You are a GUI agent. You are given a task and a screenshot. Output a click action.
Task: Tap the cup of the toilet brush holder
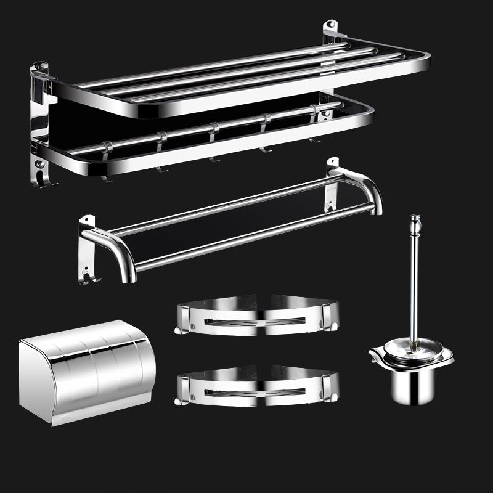[412, 382]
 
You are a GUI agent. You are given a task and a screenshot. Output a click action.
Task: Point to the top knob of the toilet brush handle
[415, 221]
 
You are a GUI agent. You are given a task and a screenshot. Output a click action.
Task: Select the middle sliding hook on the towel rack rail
[213, 142]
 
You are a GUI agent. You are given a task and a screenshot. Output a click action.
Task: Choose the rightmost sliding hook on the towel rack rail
[314, 123]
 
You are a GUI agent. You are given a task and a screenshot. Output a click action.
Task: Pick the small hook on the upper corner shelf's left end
[178, 331]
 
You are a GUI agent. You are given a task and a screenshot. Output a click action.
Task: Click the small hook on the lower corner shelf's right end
[335, 396]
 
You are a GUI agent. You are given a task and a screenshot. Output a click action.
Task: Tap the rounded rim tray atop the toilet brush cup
[410, 356]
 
